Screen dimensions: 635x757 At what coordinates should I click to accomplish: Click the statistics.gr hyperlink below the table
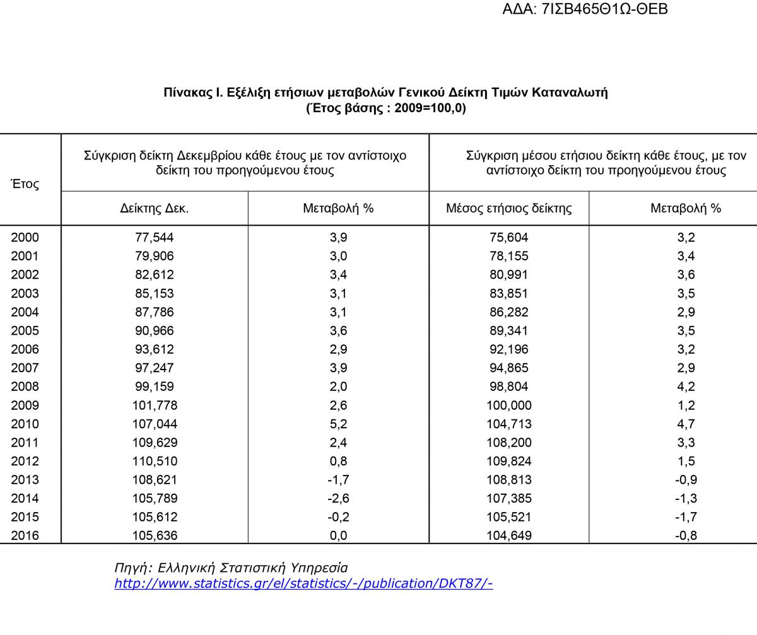[303, 583]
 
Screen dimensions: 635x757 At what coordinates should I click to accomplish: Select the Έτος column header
[25, 184]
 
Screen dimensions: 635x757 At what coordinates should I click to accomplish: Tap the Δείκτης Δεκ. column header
[155, 208]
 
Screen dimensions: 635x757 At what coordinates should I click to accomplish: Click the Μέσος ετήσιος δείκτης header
[508, 208]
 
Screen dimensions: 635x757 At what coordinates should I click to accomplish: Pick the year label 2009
[25, 405]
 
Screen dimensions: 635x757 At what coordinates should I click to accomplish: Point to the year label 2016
[25, 536]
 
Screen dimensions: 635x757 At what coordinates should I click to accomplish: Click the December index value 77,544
[155, 238]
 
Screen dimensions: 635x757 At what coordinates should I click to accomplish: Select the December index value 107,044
[155, 424]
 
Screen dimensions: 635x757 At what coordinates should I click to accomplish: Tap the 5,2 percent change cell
[338, 424]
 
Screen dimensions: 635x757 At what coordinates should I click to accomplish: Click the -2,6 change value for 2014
[338, 498]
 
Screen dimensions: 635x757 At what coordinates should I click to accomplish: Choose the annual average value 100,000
[508, 405]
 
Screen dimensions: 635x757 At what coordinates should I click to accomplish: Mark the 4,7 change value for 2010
[686, 424]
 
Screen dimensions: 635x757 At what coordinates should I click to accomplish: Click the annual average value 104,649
[508, 536]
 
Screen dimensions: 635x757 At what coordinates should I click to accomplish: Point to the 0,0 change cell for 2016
[338, 536]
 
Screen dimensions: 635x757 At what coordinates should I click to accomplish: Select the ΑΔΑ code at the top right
[585, 9]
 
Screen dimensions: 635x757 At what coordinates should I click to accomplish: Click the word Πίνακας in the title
[187, 93]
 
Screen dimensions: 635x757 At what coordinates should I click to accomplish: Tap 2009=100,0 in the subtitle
[429, 108]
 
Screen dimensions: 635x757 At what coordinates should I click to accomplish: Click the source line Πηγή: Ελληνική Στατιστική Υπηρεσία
[231, 568]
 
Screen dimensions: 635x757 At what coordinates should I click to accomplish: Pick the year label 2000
[25, 238]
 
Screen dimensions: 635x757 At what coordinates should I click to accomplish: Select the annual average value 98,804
[508, 387]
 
